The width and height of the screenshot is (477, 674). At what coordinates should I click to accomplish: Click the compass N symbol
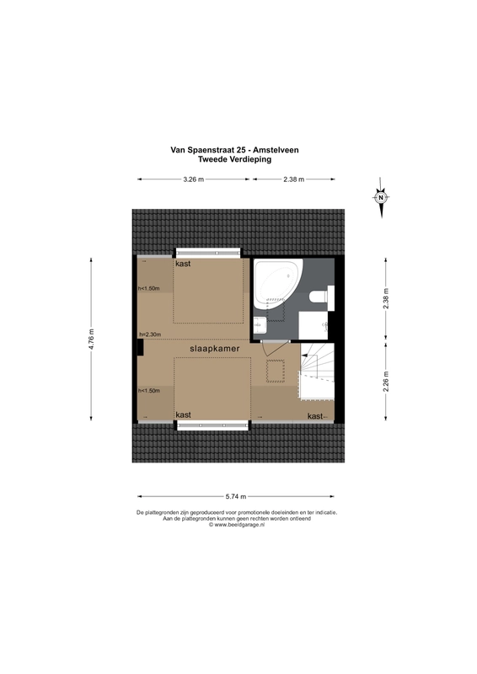click(381, 198)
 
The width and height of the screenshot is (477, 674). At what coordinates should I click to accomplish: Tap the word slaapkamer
click(215, 349)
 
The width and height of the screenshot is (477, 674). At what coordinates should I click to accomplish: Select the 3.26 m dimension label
click(193, 179)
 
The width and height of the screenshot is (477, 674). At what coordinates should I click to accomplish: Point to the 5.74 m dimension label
click(236, 496)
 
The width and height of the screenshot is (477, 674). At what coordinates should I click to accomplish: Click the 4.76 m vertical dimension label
click(91, 340)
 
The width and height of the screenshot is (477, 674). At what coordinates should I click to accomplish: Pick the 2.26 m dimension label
click(385, 381)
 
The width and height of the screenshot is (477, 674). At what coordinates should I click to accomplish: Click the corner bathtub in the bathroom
click(278, 284)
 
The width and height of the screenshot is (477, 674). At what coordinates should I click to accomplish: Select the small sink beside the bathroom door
click(260, 325)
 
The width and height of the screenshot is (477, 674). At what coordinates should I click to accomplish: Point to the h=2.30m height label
click(150, 334)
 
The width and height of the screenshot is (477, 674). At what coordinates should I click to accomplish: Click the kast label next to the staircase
click(315, 416)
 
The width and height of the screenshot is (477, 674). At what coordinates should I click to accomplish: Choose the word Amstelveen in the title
click(276, 150)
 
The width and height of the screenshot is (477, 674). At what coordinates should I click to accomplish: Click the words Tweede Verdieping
click(234, 159)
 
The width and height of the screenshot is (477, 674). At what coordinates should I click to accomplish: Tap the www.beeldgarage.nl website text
click(238, 524)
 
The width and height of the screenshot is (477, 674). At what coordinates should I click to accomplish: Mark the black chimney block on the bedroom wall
click(140, 347)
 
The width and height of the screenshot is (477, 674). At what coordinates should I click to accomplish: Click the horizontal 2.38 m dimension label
click(294, 179)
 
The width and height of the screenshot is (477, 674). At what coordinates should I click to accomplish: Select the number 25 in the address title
click(241, 150)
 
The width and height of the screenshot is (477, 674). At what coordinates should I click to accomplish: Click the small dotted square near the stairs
click(276, 371)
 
